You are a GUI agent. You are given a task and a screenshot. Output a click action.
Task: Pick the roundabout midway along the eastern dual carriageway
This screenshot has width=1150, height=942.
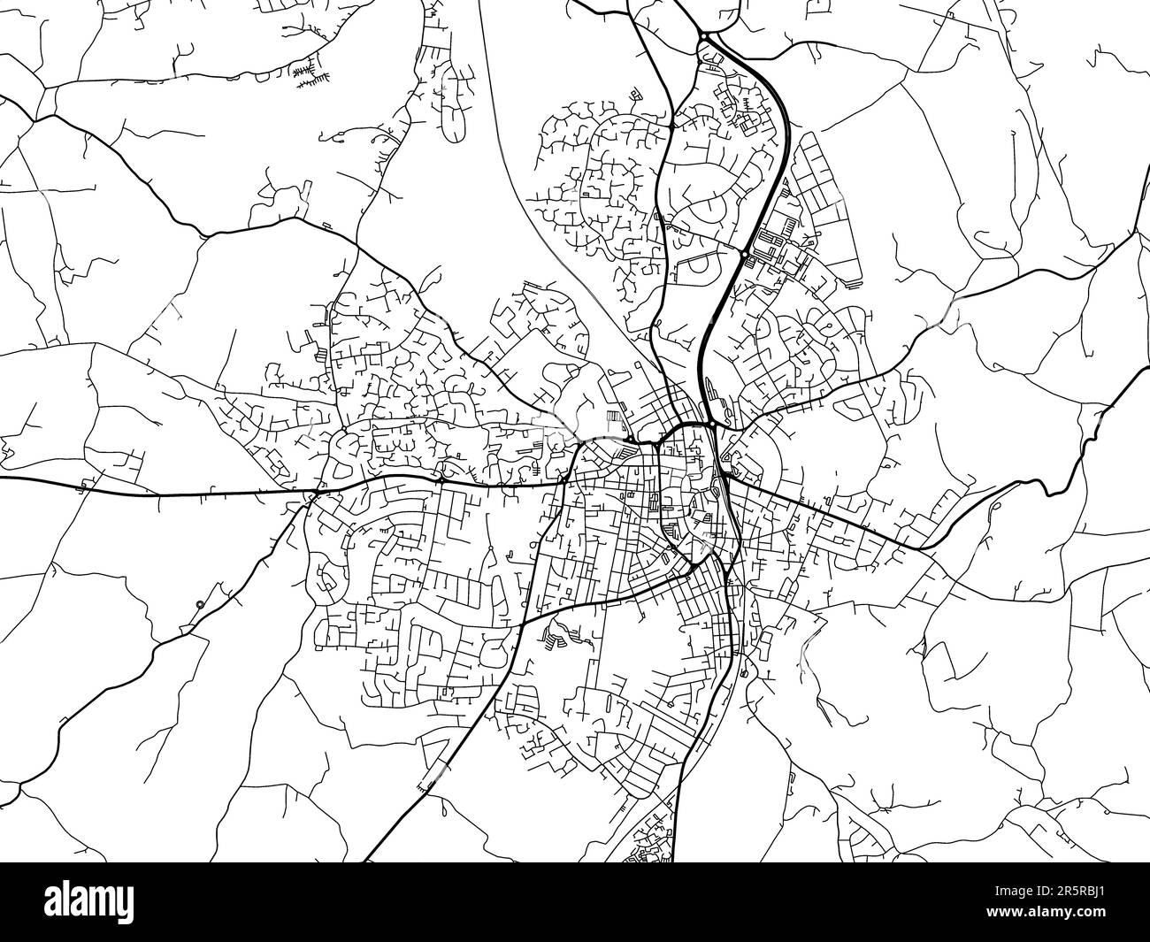746,254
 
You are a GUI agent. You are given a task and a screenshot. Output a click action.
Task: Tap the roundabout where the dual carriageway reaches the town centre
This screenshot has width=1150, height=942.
712,425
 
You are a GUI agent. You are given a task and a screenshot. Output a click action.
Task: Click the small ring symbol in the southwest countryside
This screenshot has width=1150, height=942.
200,605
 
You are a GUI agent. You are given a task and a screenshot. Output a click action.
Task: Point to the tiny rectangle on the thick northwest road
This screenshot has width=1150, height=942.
326,226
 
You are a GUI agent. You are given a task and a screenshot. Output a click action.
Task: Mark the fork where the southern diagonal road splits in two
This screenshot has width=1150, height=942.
522,623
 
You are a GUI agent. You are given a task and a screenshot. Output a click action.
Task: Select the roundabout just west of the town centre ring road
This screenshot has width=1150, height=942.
627,440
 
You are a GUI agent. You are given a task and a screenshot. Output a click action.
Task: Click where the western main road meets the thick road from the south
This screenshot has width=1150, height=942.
564,482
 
